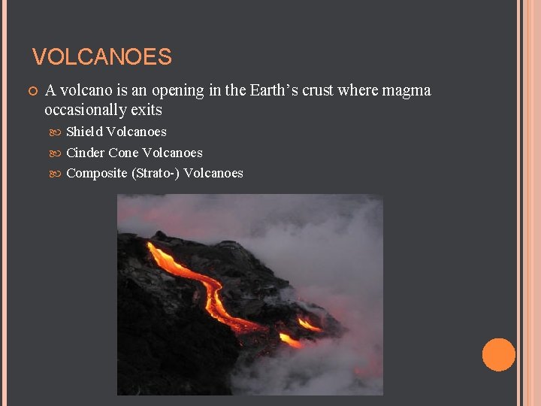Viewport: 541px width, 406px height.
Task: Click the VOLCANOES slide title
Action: tap(102, 57)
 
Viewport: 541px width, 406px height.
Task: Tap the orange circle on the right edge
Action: tap(498, 355)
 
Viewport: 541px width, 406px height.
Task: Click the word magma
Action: tap(406, 91)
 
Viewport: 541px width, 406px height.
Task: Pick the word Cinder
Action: tap(86, 153)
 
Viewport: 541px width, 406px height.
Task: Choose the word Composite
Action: tap(97, 174)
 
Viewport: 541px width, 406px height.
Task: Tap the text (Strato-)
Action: tap(156, 174)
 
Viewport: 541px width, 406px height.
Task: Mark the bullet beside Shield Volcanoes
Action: tap(59, 132)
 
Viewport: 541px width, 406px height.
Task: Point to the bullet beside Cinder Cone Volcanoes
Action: tap(59, 153)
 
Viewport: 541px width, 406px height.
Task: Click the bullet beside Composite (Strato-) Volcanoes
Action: tap(59, 174)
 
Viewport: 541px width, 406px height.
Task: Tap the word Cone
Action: tap(123, 153)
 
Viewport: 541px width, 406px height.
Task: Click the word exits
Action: tap(147, 111)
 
